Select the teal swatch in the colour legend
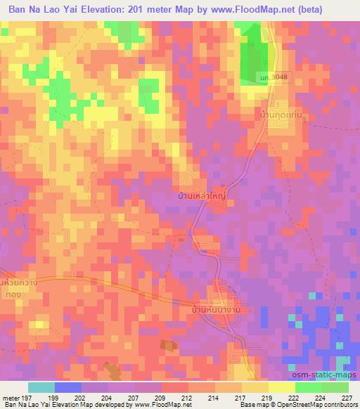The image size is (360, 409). (41, 387)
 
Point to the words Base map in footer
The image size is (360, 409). (251, 405)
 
